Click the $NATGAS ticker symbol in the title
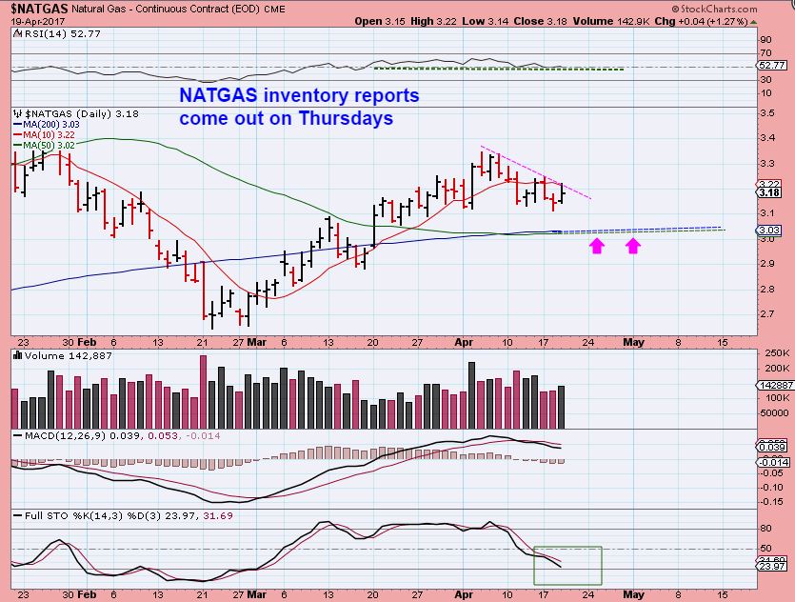click(35, 9)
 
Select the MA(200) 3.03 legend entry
click(45, 124)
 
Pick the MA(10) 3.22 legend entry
click(43, 134)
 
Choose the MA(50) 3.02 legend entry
click(43, 144)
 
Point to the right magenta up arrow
click(633, 248)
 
